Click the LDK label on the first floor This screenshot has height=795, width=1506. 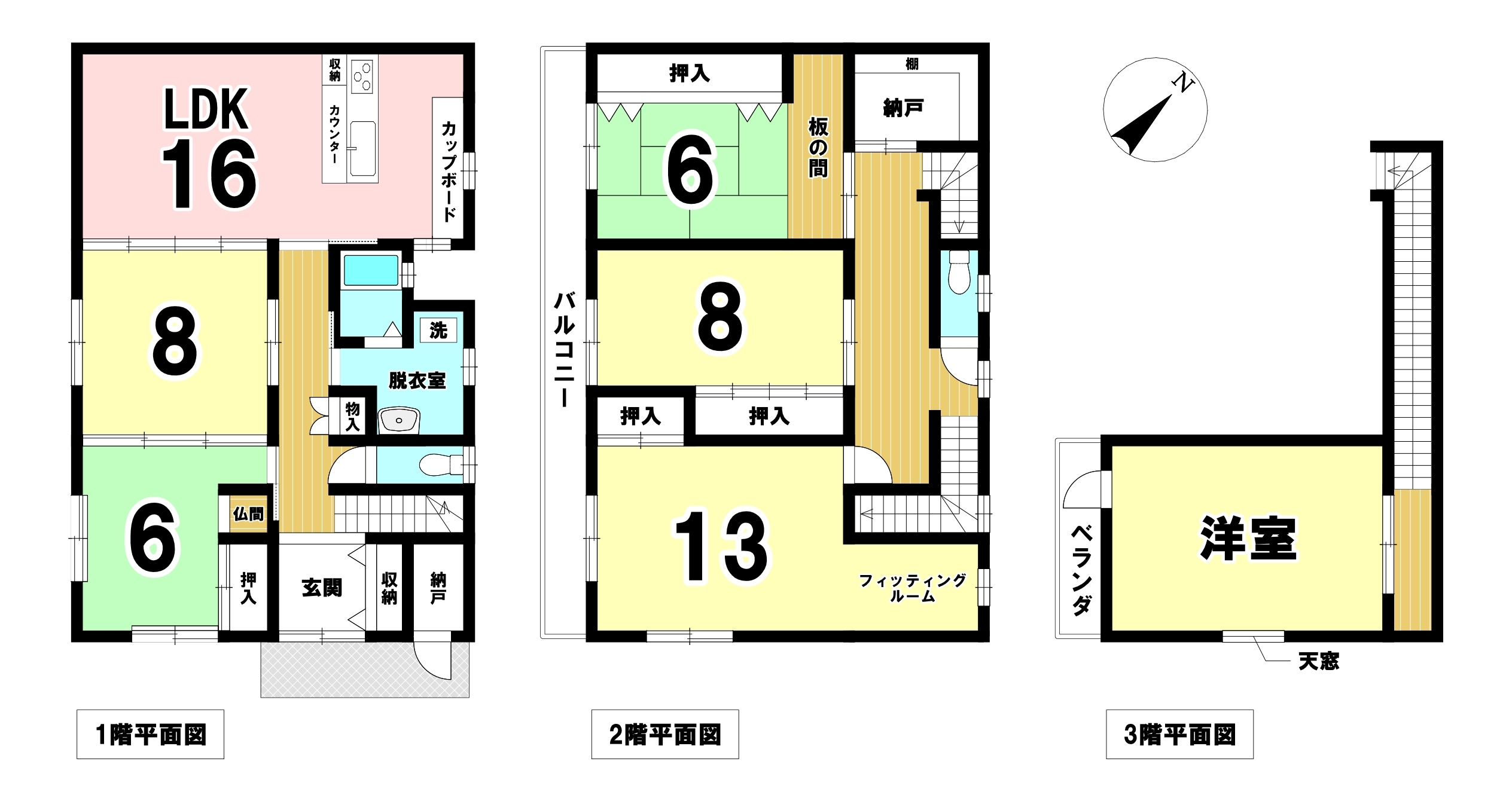click(x=206, y=109)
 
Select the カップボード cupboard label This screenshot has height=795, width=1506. click(x=449, y=172)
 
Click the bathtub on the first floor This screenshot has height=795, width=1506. click(x=371, y=270)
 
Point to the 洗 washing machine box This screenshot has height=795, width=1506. click(x=438, y=330)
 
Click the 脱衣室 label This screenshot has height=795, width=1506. click(x=417, y=381)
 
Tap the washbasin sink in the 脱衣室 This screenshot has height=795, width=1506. click(x=399, y=420)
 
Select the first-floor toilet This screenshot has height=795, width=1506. click(x=441, y=464)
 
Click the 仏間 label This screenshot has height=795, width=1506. click(x=248, y=513)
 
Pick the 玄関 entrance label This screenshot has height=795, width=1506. click(x=322, y=588)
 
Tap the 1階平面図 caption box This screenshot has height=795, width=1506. click(x=150, y=734)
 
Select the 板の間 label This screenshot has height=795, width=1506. click(x=818, y=147)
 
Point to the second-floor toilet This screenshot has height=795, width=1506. click(x=959, y=273)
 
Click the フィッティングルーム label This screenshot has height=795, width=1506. click(x=912, y=588)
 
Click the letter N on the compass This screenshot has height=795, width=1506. click(x=1182, y=82)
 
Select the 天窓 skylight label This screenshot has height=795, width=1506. click(x=1319, y=661)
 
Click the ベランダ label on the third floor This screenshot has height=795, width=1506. click(x=1081, y=570)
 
